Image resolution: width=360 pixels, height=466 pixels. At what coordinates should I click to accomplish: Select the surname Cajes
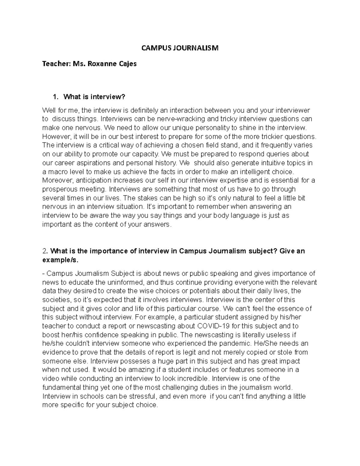point(128,64)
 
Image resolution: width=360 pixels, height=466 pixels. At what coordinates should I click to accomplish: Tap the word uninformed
point(120,282)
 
